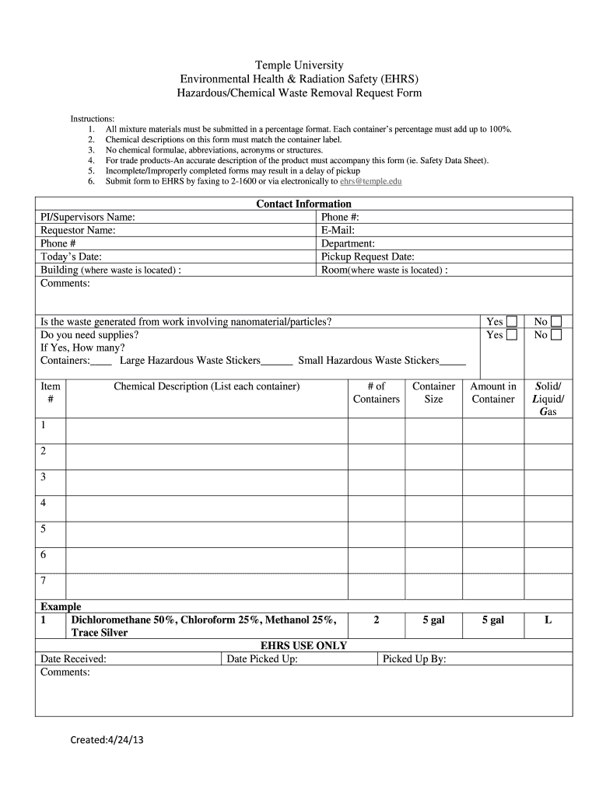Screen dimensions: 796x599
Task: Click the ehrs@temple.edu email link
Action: (x=371, y=181)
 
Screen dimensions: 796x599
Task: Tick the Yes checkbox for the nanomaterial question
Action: (x=512, y=322)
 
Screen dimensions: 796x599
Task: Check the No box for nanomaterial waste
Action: (x=556, y=322)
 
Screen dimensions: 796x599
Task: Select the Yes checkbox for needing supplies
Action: (x=512, y=335)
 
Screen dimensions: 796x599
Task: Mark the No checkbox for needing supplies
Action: (x=556, y=335)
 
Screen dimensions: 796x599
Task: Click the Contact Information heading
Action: (x=303, y=204)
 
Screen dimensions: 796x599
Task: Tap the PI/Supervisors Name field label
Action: (x=88, y=218)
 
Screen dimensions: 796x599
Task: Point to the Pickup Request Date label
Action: (x=367, y=257)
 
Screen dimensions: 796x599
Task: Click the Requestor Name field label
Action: (x=78, y=231)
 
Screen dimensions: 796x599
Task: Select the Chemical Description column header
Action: (x=206, y=386)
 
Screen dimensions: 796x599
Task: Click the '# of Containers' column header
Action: (x=376, y=393)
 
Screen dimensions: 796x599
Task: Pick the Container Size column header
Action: (x=433, y=393)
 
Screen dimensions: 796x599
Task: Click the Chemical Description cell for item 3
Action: (x=206, y=477)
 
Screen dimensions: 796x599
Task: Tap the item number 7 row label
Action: (x=44, y=581)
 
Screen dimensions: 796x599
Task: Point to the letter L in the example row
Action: (x=548, y=620)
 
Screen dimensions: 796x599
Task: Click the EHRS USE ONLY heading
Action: (x=303, y=646)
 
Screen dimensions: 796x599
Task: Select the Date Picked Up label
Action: (x=261, y=659)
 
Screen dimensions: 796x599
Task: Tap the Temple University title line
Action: (x=299, y=65)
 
